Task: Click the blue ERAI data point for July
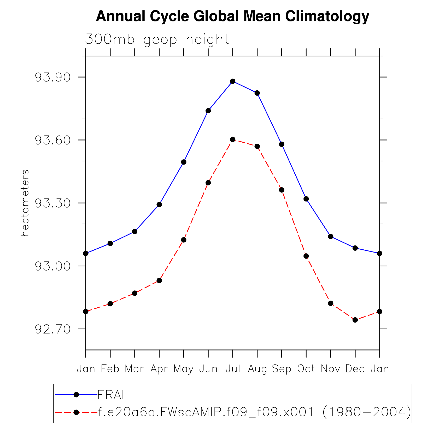click(233, 81)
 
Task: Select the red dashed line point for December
click(355, 320)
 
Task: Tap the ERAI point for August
click(257, 93)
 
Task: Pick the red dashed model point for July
click(233, 139)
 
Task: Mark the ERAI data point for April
click(159, 204)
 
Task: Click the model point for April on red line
click(159, 280)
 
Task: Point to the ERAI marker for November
click(331, 236)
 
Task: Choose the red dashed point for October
click(306, 256)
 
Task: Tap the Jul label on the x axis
click(233, 369)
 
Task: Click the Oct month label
click(306, 369)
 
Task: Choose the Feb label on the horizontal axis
click(110, 369)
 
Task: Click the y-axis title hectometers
click(25, 203)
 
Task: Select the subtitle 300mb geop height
click(157, 40)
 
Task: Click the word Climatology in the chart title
click(327, 16)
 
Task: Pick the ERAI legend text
click(110, 395)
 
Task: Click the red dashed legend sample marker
click(76, 412)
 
